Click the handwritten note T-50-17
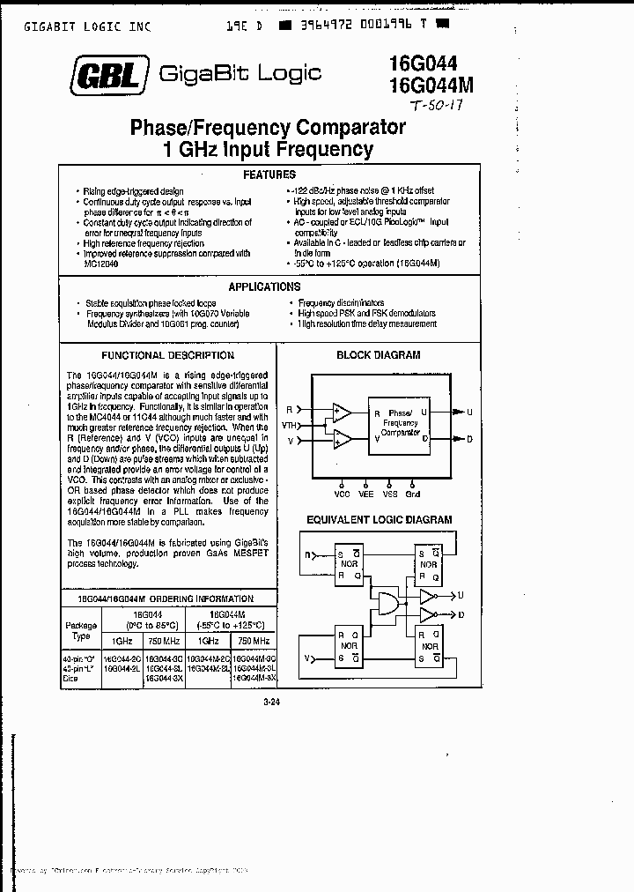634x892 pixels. [436, 106]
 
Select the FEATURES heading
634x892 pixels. [269, 175]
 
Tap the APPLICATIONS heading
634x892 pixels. [264, 286]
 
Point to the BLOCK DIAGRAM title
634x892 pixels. [379, 355]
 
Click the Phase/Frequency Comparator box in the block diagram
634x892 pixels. [400, 423]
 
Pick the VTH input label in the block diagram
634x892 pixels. [290, 425]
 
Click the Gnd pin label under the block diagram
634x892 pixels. [413, 494]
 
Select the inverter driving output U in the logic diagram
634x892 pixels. [428, 595]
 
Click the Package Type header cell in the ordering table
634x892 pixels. [81, 630]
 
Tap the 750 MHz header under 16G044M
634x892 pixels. [254, 642]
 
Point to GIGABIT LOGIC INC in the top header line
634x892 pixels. [87, 26]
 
